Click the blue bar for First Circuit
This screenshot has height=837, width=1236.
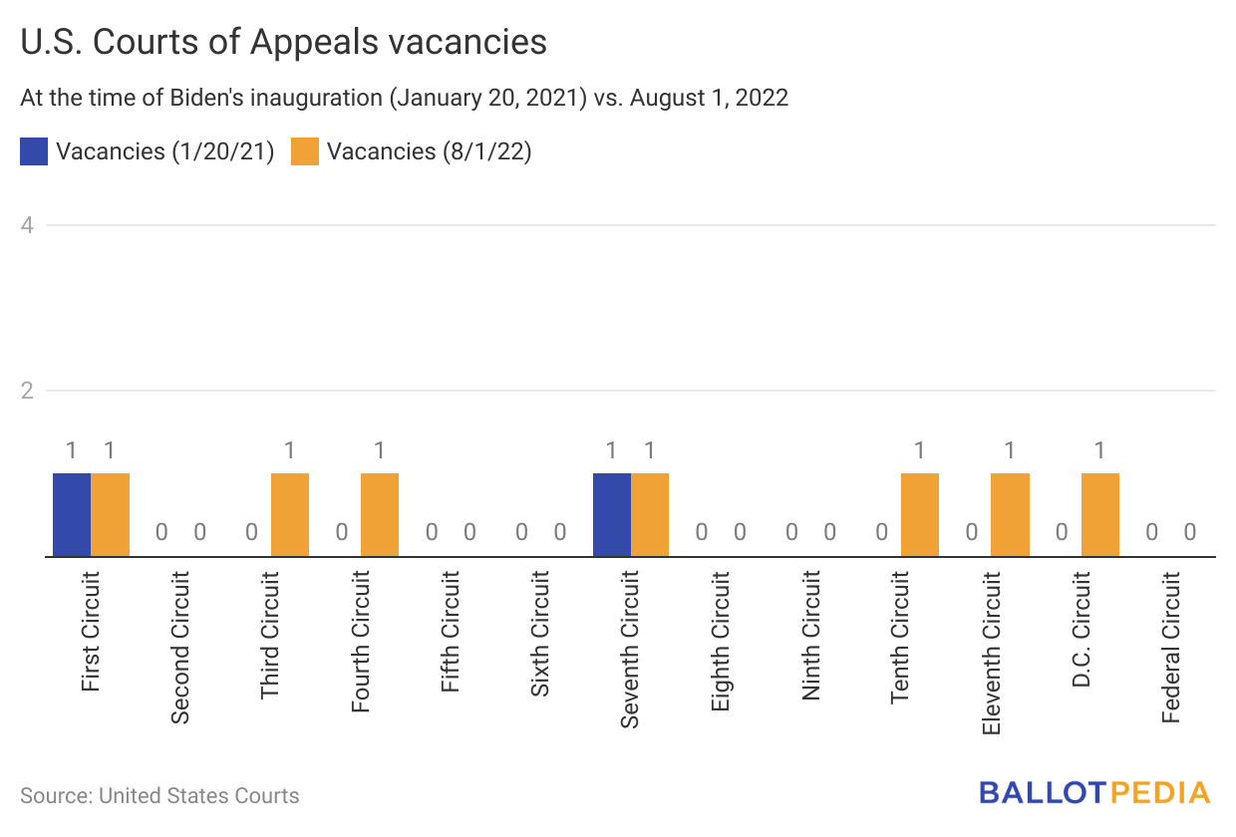tap(72, 514)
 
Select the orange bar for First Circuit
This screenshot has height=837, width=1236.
tap(111, 514)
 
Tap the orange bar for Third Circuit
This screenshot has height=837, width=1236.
tap(290, 514)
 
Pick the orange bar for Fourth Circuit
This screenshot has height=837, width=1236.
tap(380, 514)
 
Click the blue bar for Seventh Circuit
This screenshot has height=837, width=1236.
tap(612, 514)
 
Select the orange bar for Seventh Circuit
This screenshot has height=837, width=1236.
tap(650, 514)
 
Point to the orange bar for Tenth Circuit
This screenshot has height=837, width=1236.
tap(920, 514)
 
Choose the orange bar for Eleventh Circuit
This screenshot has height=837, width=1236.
tap(1010, 514)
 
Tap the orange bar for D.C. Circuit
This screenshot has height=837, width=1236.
tap(1100, 514)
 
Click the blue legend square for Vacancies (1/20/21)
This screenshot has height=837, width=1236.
tap(34, 151)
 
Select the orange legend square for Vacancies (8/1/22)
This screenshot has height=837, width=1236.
tap(305, 151)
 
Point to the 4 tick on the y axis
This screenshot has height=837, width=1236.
tap(28, 225)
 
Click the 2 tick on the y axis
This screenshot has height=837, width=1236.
tap(28, 391)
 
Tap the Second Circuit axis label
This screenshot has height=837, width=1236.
tap(180, 647)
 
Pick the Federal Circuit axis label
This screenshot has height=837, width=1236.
tap(1171, 647)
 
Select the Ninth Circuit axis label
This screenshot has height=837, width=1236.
tap(811, 635)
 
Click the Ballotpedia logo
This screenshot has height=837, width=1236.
tap(1094, 793)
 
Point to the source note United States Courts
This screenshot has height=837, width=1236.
tap(159, 795)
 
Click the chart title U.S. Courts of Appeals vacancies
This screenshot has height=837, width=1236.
tap(283, 42)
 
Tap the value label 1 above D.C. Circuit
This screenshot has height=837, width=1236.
tap(1100, 450)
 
